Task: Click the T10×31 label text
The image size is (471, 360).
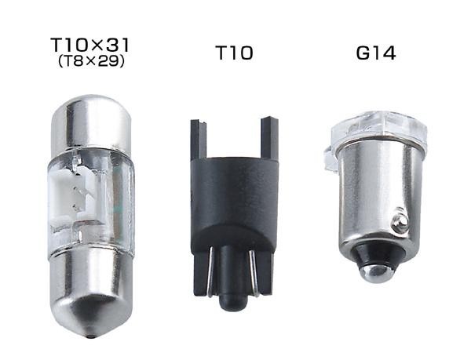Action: (89, 45)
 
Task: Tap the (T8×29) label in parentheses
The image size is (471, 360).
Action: (91, 61)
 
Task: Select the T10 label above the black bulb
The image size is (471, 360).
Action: (234, 53)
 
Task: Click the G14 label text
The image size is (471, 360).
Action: (375, 53)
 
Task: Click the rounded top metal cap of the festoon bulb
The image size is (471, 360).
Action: (91, 122)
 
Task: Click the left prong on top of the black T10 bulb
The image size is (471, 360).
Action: (198, 139)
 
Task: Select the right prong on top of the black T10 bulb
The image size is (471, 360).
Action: (269, 138)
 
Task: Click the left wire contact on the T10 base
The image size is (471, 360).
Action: (211, 271)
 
